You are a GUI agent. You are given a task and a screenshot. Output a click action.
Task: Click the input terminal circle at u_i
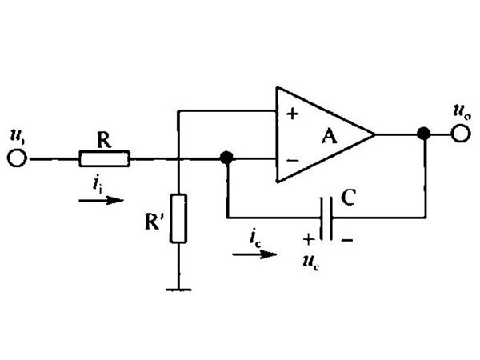tap(17, 158)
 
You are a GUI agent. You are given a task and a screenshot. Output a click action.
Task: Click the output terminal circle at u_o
tap(461, 134)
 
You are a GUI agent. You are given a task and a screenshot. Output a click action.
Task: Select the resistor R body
tap(104, 158)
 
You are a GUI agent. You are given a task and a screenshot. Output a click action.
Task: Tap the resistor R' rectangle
tap(178, 218)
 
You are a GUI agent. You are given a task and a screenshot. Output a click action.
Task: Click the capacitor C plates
tap(326, 218)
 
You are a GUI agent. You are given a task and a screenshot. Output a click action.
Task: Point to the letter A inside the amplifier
tap(330, 136)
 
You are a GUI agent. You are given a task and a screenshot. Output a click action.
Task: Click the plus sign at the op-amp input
tap(292, 114)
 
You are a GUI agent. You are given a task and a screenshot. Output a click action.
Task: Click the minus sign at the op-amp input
tap(293, 160)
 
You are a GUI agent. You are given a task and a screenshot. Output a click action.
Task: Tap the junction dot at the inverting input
tap(226, 158)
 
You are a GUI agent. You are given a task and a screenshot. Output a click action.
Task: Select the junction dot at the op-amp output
tap(424, 134)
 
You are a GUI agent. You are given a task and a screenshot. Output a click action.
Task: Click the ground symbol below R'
tap(178, 290)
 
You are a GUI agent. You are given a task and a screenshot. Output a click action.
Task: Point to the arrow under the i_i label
tap(101, 201)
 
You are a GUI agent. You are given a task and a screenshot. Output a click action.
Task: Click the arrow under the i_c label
tap(254, 254)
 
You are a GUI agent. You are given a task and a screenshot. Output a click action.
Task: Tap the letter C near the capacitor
tap(348, 197)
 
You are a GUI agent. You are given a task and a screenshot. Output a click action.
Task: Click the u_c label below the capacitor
tap(311, 262)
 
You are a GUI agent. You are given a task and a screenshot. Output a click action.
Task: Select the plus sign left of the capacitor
tap(309, 238)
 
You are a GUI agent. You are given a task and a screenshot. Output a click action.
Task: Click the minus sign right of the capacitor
tap(347, 240)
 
